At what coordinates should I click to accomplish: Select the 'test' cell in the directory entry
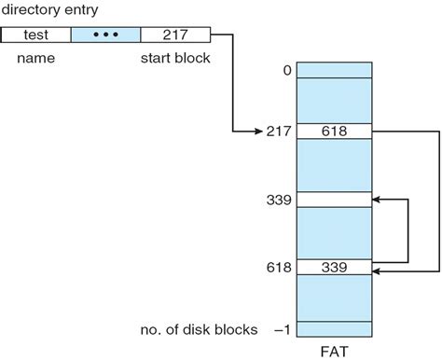(35, 35)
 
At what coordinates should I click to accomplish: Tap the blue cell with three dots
(105, 35)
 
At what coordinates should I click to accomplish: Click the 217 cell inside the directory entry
(175, 35)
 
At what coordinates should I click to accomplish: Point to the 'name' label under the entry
(35, 57)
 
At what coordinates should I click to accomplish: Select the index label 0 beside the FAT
(284, 71)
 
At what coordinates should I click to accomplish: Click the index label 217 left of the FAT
(278, 132)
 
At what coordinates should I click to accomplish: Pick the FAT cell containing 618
(333, 132)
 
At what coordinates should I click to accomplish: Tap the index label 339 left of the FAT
(278, 200)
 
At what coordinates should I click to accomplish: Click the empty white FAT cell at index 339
(333, 200)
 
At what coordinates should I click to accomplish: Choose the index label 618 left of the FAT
(278, 269)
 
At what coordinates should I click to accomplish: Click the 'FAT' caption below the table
(333, 350)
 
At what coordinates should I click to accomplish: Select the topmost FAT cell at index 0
(333, 70)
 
